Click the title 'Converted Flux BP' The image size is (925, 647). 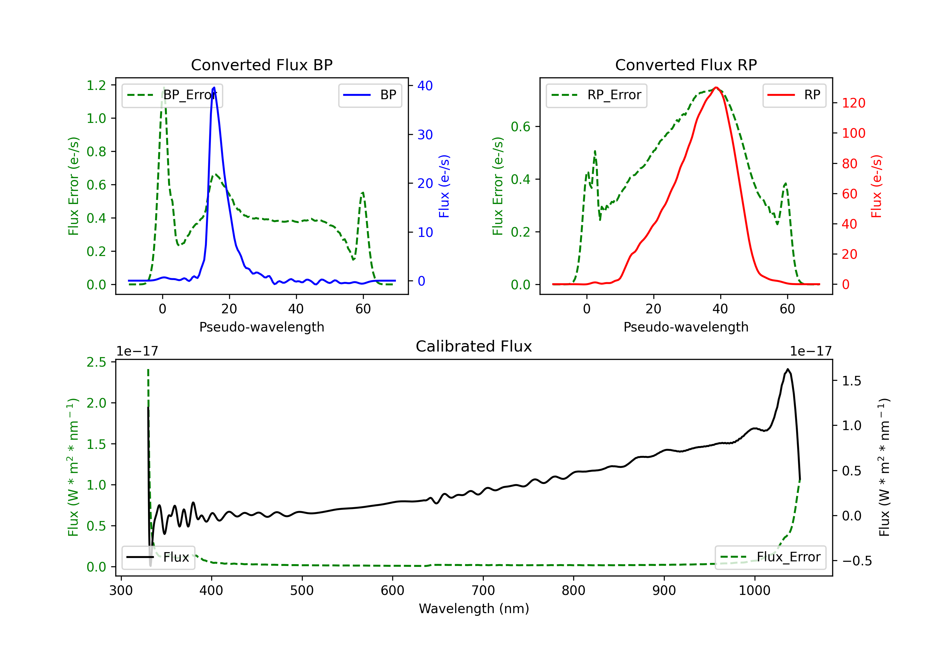click(261, 65)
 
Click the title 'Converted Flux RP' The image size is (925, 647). click(686, 65)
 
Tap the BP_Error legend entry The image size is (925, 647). click(172, 96)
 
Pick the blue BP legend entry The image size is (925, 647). click(370, 96)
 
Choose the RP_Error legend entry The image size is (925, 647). click(596, 96)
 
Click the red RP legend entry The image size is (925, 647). click(794, 96)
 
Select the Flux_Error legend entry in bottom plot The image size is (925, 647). click(770, 557)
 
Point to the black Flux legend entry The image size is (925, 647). click(158, 557)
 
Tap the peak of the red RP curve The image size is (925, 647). click(716, 87)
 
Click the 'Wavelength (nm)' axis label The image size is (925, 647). click(474, 608)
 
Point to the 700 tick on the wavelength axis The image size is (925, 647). click(483, 591)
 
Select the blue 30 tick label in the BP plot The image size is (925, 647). click(425, 134)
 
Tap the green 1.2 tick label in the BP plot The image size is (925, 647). click(96, 85)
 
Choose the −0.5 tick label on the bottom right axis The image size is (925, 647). click(857, 561)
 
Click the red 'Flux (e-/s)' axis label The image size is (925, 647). click(877, 186)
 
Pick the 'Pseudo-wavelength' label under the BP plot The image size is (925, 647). click(261, 327)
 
